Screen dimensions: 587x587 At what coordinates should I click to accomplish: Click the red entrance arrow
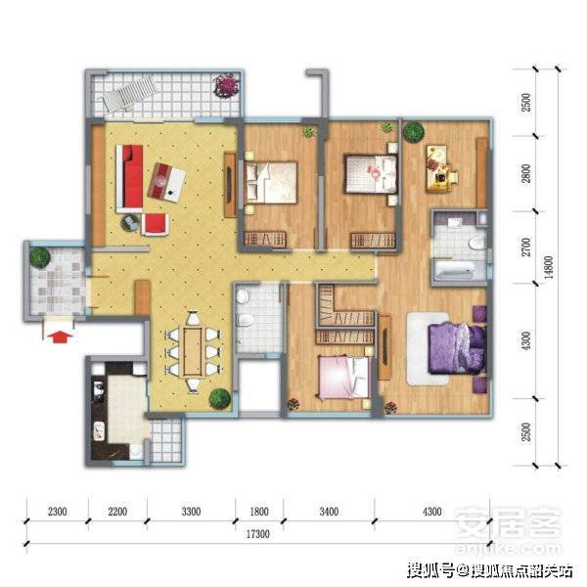(x=60, y=337)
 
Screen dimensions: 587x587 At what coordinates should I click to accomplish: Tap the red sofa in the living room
(x=130, y=179)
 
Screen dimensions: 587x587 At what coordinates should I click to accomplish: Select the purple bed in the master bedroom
(x=458, y=348)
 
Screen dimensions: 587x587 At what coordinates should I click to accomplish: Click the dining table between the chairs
(x=193, y=352)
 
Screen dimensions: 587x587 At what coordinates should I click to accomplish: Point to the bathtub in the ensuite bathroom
(x=455, y=270)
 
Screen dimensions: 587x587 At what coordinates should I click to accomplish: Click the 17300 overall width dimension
(x=258, y=534)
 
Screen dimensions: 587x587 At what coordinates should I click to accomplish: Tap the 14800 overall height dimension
(x=548, y=267)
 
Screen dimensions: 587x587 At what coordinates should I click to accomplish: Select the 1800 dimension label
(x=259, y=512)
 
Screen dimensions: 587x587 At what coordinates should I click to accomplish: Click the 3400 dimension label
(x=329, y=512)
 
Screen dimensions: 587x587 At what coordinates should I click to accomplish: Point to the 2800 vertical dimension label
(x=526, y=173)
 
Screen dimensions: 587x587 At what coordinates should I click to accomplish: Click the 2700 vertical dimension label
(x=526, y=248)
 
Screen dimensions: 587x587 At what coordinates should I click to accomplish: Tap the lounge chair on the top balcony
(x=129, y=93)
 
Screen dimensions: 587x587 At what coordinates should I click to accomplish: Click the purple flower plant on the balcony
(x=226, y=85)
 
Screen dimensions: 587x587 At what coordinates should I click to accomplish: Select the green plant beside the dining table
(x=219, y=398)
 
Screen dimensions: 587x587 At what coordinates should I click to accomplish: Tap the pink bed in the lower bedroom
(x=343, y=378)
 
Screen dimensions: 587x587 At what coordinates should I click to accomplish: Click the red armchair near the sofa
(x=155, y=224)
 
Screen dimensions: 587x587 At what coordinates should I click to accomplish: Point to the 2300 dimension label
(x=58, y=512)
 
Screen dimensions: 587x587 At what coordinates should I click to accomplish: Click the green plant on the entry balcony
(x=40, y=257)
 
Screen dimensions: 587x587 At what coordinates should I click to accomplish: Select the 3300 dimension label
(x=191, y=512)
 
